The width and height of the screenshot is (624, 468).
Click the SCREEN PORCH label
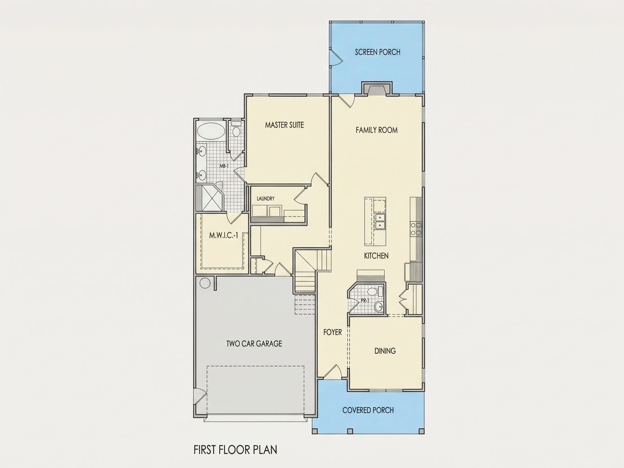378,52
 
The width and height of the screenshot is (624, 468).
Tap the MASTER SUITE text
284,125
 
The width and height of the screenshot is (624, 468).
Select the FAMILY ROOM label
377,130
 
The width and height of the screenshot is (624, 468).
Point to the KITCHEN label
376,256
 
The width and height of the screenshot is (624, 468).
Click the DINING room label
385,351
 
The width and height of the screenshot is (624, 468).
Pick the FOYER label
333,332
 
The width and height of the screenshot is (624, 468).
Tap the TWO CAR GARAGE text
254,344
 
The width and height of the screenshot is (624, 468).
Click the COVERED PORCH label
368,410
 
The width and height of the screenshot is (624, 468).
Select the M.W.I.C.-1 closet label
223,236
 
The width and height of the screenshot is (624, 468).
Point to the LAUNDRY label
265,199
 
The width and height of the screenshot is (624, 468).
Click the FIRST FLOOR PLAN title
235,450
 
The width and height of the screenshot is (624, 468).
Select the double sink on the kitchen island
380,222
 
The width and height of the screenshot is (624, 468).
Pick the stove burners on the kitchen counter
416,229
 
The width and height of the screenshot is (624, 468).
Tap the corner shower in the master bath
210,198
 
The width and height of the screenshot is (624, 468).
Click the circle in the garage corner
205,283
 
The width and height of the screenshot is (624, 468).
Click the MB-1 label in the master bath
224,166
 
